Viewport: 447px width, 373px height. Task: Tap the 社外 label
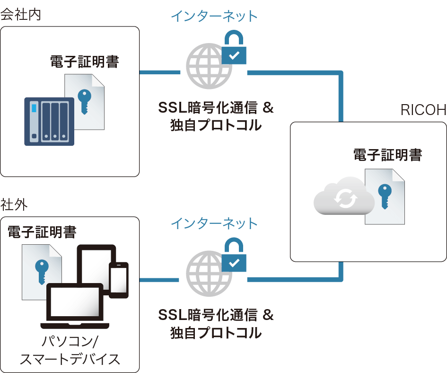coord(14,205)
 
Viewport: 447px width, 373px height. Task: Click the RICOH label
coord(423,110)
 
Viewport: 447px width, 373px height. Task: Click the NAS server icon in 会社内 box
coord(49,121)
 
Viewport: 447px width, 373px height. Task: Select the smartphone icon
coord(119,279)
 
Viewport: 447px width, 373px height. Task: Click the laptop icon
coord(75,305)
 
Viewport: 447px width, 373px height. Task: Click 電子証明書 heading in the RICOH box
coord(387,155)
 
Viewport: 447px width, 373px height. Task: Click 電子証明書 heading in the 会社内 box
coord(84,62)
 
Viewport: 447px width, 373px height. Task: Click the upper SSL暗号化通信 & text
coord(216,108)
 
